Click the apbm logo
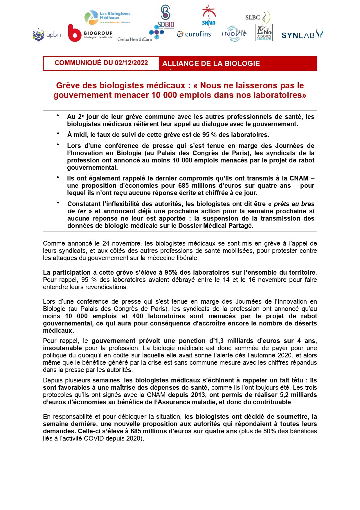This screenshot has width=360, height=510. coord(46,35)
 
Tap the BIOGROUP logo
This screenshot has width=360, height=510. coord(90,33)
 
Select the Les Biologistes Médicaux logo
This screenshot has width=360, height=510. coord(107,17)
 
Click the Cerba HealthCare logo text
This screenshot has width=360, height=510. coord(134,39)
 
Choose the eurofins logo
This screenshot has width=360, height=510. coord(194,34)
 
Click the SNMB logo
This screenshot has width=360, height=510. coord(209,15)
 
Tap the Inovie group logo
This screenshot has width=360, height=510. coord(234,34)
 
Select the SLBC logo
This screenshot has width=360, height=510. coord(258,17)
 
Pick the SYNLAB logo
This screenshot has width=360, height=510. coord(302,35)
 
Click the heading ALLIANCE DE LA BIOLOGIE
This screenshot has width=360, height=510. coord(211,64)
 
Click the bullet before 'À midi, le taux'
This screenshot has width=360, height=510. coord(58,133)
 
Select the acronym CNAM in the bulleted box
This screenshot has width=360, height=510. coord(299,178)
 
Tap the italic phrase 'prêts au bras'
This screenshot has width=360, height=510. coord(294,204)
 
